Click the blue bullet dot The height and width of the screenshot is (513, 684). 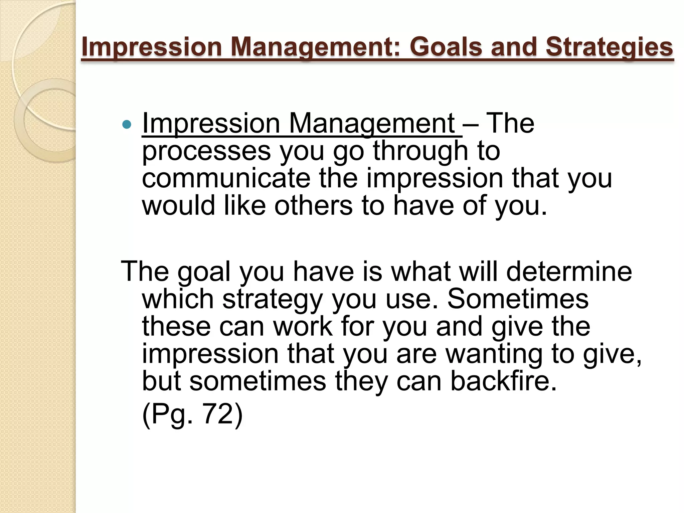point(127,125)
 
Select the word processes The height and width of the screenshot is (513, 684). point(206,151)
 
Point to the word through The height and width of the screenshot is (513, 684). point(420,151)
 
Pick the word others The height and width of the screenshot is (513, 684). point(313,205)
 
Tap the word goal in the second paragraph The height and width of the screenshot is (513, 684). point(204,271)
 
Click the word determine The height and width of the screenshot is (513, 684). point(569,271)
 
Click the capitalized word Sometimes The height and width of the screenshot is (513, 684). point(518,299)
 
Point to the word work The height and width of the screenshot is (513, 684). point(303,326)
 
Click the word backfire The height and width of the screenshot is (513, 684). point(504,381)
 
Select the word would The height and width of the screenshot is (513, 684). point(178,205)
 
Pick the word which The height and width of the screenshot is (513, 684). point(178,299)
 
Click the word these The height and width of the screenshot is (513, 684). point(176,326)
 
